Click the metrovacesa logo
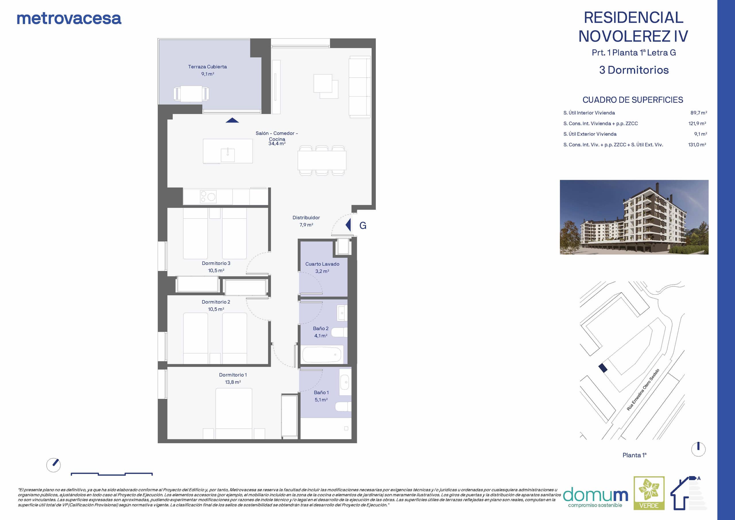tap(69, 19)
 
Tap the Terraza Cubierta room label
tap(208, 67)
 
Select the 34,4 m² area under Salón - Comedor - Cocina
tap(277, 144)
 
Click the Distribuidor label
tap(306, 217)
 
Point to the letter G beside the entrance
tap(363, 226)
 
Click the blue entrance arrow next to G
tap(348, 225)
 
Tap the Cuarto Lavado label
tap(322, 264)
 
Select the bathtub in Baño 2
tap(323, 354)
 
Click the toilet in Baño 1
tap(343, 407)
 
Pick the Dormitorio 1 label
tap(233, 375)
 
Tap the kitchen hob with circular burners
tap(208, 197)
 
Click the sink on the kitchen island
tap(228, 155)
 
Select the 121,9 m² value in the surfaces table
tap(697, 123)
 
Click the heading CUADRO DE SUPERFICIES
tap(633, 100)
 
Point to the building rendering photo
tap(634, 217)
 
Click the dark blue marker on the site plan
tap(603, 368)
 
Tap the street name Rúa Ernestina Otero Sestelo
tap(643, 390)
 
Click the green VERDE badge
tap(649, 493)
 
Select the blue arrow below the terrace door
tap(232, 120)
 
